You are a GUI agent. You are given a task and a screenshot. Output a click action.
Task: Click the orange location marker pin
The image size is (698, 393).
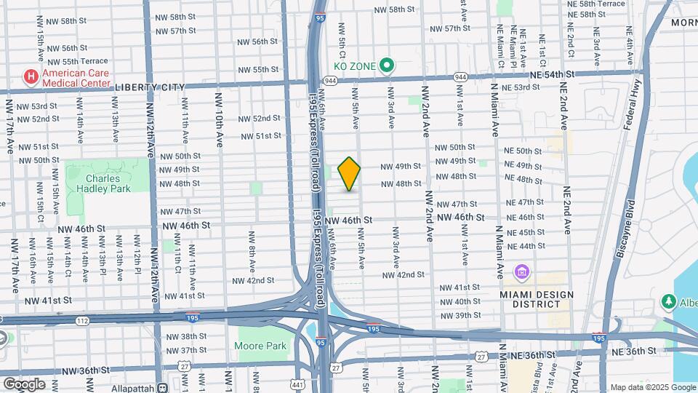350,173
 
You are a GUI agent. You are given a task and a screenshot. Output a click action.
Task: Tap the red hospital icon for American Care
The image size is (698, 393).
31,76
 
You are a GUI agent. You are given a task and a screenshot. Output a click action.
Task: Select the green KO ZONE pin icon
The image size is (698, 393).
387,66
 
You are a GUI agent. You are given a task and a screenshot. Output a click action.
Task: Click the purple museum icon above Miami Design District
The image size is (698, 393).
521,273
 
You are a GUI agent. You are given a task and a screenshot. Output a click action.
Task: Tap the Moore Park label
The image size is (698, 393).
262,346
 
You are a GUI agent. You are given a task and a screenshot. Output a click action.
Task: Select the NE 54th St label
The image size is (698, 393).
552,74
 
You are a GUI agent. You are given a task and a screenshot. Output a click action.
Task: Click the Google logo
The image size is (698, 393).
23,384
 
